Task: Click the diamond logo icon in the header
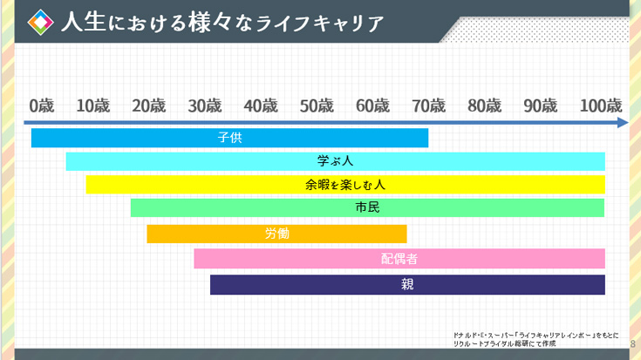tap(39, 21)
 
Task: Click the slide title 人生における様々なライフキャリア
tap(222, 22)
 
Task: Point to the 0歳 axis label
tap(41, 105)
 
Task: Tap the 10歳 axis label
tap(93, 105)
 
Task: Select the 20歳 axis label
tap(148, 105)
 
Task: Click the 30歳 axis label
tap(204, 105)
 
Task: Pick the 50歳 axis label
tap(317, 105)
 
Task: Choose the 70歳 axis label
tap(428, 105)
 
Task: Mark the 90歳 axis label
tap(540, 105)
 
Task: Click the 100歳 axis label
tap(600, 105)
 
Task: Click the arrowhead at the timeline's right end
tap(622, 123)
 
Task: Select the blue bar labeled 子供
tap(229, 138)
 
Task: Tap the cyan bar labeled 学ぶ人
tap(335, 161)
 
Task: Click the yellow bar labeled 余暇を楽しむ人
tap(344, 185)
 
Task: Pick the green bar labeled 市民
tap(367, 207)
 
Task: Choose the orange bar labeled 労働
tap(276, 234)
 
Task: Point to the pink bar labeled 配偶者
tap(399, 258)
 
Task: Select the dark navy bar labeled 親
tap(407, 284)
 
